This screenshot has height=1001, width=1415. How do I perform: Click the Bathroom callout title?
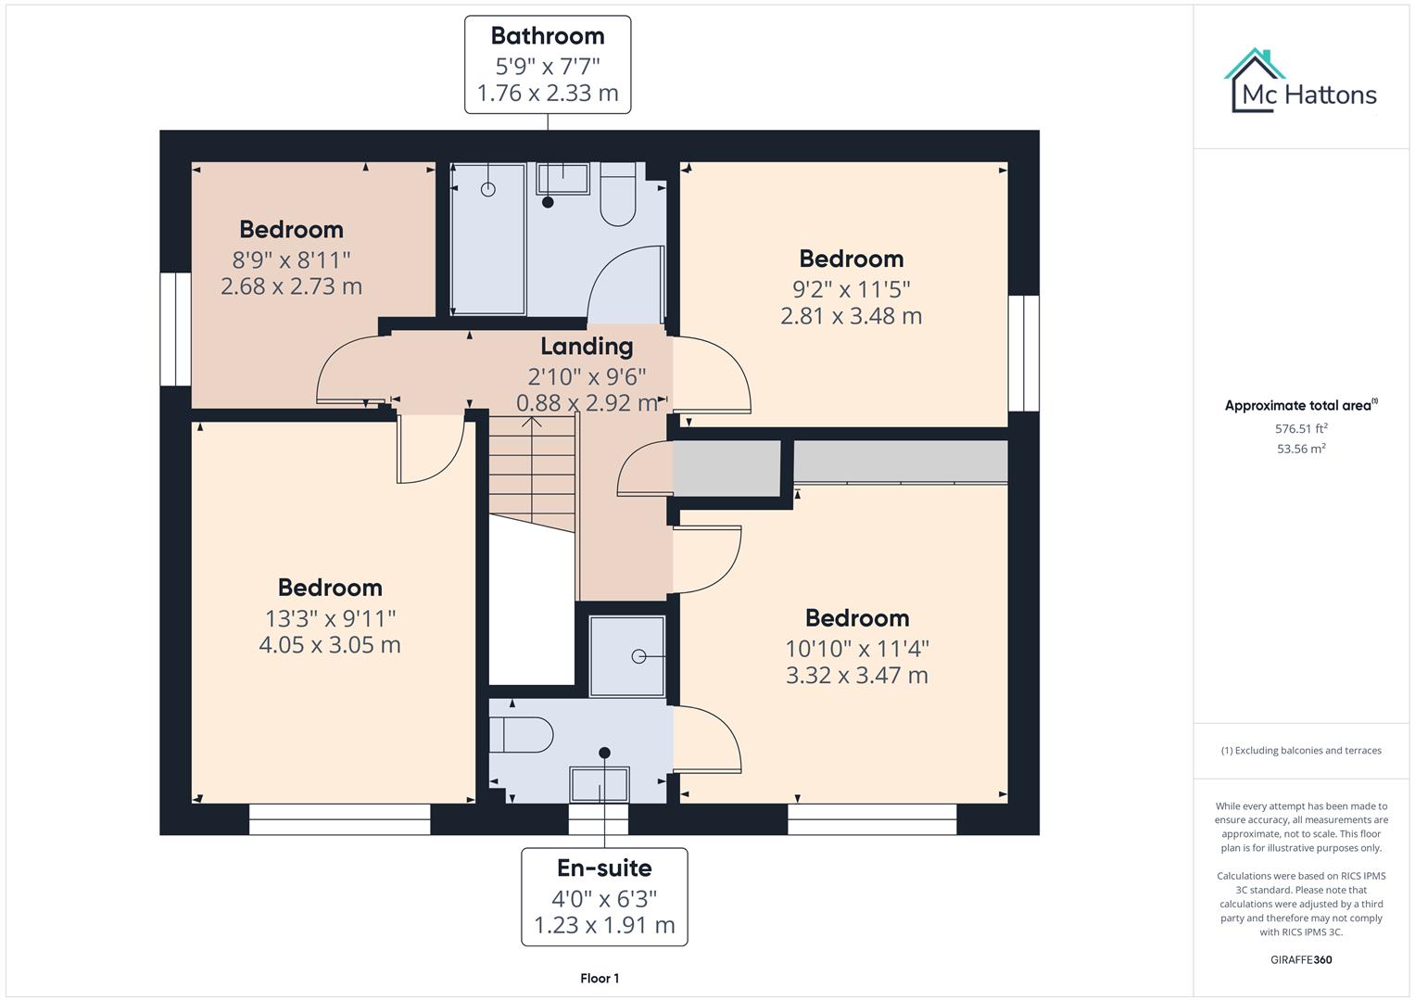[x=547, y=36]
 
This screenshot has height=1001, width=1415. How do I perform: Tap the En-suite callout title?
[x=604, y=868]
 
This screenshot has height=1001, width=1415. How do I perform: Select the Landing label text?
[x=587, y=347]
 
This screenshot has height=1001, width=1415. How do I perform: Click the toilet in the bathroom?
[x=617, y=196]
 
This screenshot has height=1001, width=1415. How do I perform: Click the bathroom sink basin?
[x=562, y=179]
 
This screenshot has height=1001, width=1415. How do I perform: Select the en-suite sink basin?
[x=600, y=784]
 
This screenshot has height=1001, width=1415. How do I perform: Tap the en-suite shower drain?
[x=638, y=656]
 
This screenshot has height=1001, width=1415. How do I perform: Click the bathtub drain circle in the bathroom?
[x=488, y=189]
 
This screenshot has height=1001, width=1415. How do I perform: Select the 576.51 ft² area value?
[x=1301, y=429]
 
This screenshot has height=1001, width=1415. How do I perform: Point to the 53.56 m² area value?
[x=1301, y=449]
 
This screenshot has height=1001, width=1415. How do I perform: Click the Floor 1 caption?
[x=600, y=978]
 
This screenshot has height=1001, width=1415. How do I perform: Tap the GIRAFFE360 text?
[x=1301, y=959]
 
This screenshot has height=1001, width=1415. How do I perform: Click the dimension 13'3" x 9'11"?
[x=330, y=617]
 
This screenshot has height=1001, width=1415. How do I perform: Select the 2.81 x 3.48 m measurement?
[x=851, y=316]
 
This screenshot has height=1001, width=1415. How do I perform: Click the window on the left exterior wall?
[x=175, y=329]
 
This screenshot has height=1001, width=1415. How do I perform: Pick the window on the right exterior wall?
[x=1024, y=353]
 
